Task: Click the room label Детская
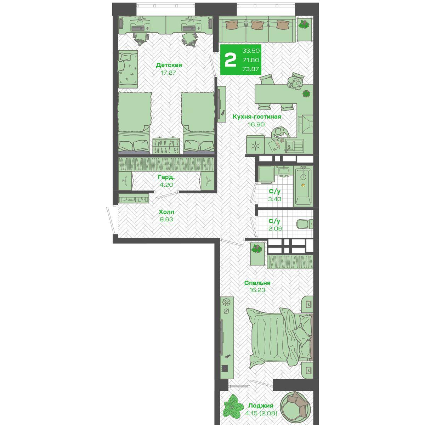click(x=169, y=65)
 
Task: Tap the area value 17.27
click(x=169, y=73)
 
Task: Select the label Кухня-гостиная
click(x=257, y=117)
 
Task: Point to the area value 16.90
click(x=256, y=124)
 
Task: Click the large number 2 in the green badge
click(x=230, y=60)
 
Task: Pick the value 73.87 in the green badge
click(x=250, y=69)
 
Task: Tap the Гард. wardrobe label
click(x=166, y=177)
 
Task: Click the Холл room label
click(x=166, y=212)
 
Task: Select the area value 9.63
click(x=166, y=219)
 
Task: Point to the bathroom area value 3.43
click(x=274, y=199)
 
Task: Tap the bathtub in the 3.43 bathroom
click(x=303, y=186)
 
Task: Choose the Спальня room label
click(x=257, y=283)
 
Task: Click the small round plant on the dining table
click(x=306, y=94)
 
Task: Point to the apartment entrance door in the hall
click(x=111, y=220)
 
